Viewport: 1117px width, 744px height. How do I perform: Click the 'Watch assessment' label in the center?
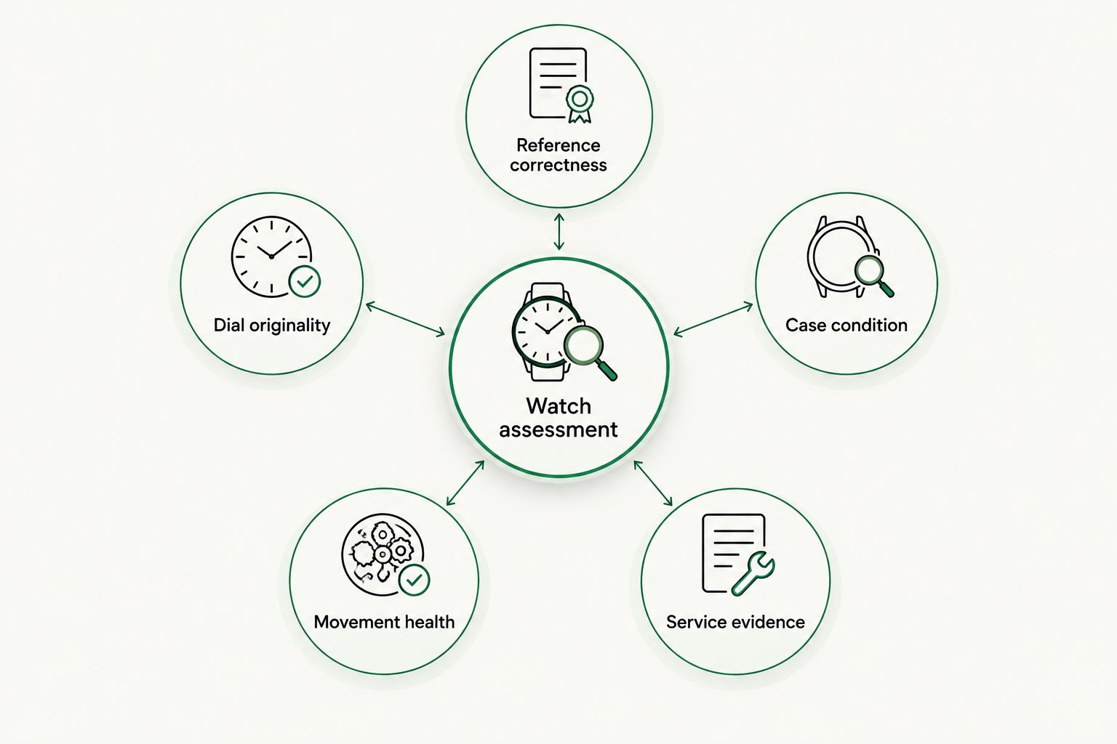558,418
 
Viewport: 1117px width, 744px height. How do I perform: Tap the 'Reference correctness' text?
558,155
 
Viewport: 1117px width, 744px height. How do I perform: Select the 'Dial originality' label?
272,325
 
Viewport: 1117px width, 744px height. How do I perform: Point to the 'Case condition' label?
846,325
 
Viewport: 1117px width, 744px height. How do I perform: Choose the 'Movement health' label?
384,622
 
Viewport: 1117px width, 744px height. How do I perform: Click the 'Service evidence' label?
735,622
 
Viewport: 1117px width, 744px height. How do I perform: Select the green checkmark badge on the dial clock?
305,282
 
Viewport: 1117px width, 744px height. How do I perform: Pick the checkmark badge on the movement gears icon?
415,580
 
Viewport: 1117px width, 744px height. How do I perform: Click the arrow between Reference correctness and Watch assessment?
559,232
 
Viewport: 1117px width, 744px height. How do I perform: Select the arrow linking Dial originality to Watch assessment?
405,320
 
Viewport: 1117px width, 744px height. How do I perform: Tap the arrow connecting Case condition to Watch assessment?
713,320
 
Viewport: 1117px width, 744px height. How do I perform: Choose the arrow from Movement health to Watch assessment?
465,483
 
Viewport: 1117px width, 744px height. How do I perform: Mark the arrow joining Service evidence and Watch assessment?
653,483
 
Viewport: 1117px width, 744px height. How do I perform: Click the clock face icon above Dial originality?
272,256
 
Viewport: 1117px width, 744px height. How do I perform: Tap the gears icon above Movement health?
383,554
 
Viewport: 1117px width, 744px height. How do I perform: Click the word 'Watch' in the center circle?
558,406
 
